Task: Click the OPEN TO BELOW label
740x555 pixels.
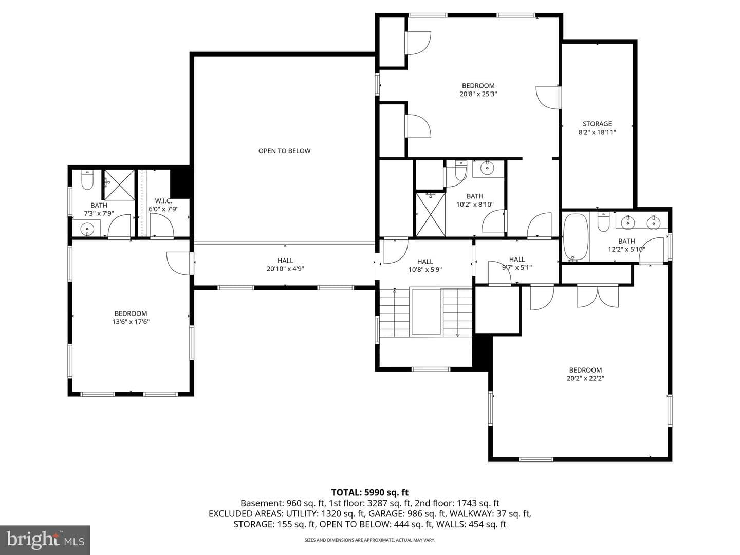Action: point(284,151)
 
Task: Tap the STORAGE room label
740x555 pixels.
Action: point(597,124)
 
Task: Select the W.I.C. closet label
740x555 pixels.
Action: point(163,201)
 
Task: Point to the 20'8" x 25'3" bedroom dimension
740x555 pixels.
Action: point(478,94)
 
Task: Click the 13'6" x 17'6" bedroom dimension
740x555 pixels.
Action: point(131,322)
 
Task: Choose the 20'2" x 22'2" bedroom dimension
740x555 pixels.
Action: point(585,378)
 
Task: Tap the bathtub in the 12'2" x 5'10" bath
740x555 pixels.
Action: point(576,236)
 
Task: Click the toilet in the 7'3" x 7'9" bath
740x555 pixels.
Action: point(87,180)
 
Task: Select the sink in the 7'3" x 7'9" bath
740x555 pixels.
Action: point(87,229)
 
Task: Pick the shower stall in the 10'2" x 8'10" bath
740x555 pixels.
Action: point(431,214)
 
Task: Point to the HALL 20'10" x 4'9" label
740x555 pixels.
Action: point(285,265)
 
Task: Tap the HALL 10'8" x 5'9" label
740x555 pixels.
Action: point(425,266)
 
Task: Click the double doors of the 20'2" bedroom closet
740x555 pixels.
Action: point(597,296)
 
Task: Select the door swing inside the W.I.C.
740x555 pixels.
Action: point(162,226)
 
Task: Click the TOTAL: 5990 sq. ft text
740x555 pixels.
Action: point(370,492)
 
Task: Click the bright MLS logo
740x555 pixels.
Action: point(45,540)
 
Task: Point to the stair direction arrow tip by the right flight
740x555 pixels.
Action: point(458,335)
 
